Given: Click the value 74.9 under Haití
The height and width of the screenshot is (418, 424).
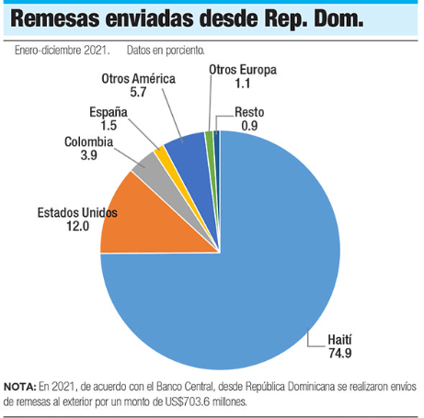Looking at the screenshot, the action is pos(340,354).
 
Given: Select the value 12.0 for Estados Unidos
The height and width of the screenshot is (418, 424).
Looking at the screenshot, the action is pos(78,226).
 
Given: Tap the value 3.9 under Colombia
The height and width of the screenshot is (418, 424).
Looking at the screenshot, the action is pos(88,155).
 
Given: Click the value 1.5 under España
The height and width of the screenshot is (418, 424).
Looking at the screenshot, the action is pos(109,125).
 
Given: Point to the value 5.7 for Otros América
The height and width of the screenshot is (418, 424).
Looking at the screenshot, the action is pos(138,92).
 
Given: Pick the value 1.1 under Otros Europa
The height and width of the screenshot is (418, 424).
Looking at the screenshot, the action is pos(243,84).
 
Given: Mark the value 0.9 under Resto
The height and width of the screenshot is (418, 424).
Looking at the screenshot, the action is pos(249,126).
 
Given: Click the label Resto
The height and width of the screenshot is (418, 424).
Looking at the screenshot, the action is pos(249,112).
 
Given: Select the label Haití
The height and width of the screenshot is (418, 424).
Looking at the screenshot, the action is pos(339,340).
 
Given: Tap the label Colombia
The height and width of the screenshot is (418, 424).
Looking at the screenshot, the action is pos(88,141).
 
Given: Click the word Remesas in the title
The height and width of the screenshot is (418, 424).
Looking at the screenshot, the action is pos(55,19).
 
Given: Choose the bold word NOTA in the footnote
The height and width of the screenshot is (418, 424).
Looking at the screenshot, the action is pos(20,387).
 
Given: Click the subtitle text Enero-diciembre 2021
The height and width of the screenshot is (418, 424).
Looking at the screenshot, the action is pos(63,50).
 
